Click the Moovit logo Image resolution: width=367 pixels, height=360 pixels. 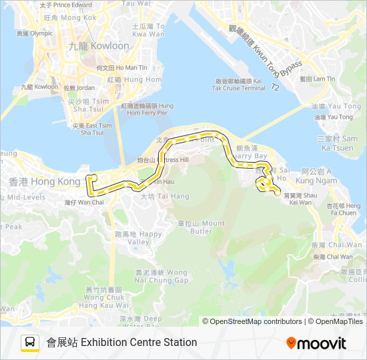[316, 343]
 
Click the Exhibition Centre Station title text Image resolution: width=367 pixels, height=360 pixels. [121, 343]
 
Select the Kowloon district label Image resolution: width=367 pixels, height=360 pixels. [98, 46]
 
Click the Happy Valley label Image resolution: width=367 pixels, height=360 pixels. [139, 238]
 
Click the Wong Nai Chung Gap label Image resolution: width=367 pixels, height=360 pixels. [161, 276]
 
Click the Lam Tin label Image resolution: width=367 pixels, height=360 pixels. [317, 79]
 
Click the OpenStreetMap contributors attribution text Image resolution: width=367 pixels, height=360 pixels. [252, 321]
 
